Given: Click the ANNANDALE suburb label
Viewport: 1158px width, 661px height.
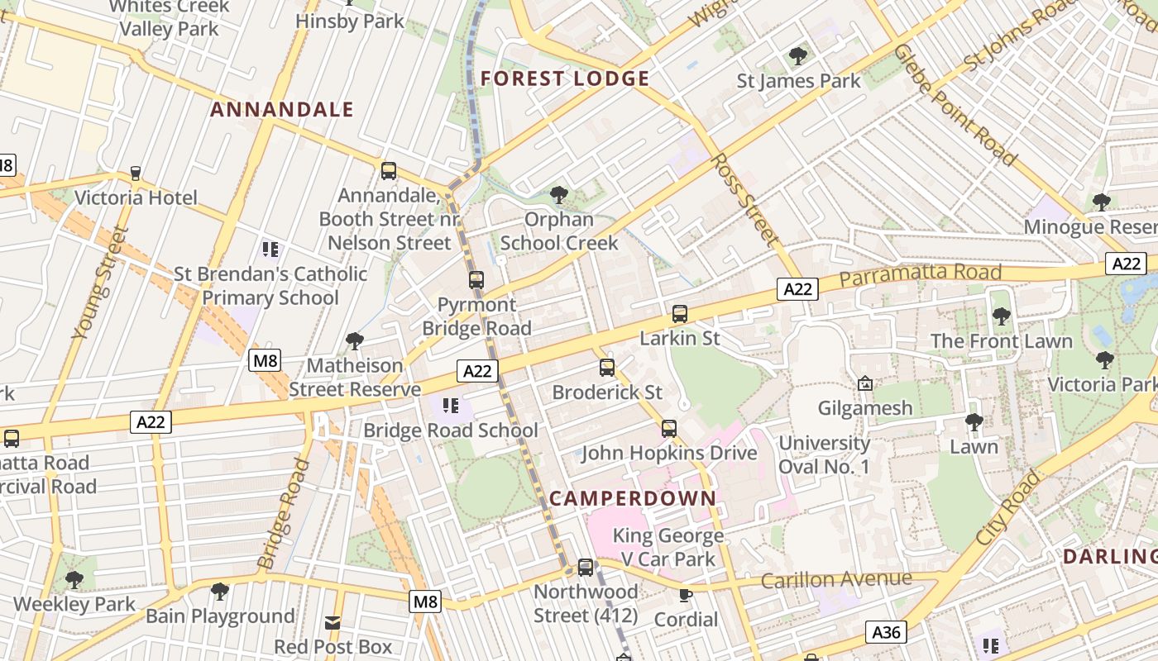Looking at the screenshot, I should click(x=281, y=109).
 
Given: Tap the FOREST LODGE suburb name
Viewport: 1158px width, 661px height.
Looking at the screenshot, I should click(x=565, y=78).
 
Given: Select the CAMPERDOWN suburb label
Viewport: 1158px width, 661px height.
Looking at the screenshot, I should click(x=632, y=498).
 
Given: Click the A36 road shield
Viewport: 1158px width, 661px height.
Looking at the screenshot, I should click(x=886, y=632).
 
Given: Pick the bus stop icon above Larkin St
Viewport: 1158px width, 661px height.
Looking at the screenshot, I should click(x=680, y=314).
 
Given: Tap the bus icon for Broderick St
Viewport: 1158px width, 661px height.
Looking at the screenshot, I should click(x=607, y=368).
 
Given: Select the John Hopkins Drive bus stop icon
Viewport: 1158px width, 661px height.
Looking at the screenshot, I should click(x=668, y=429).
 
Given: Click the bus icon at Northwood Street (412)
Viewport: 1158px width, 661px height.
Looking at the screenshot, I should click(x=586, y=568).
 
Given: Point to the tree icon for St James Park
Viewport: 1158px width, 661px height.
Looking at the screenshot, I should click(x=798, y=56).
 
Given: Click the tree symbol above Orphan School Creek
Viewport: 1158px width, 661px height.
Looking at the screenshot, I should click(x=559, y=195).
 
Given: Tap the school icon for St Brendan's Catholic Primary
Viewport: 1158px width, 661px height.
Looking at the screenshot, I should click(x=270, y=249).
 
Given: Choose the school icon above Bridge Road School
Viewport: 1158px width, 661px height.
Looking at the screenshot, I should click(x=451, y=406).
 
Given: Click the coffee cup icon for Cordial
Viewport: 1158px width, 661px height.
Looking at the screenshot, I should click(x=686, y=595).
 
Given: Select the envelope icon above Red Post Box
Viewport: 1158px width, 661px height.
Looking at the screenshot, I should click(x=333, y=622).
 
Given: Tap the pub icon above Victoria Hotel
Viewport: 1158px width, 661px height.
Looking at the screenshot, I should click(x=136, y=174).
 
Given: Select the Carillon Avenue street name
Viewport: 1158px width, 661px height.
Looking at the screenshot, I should click(x=835, y=579).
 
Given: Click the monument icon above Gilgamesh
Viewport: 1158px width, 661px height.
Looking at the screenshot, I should click(x=865, y=383).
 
